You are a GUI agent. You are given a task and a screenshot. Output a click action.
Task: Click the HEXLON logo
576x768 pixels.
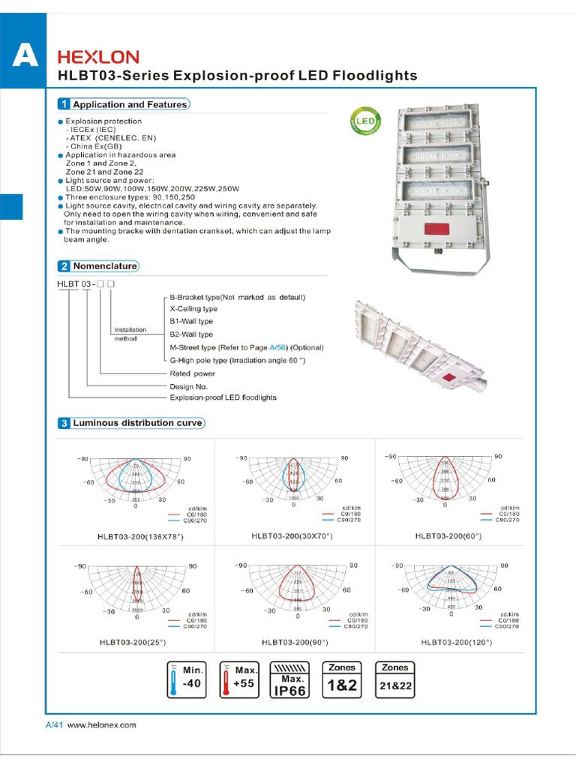pyautogui.click(x=98, y=57)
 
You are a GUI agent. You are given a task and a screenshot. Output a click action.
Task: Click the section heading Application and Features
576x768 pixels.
pyautogui.click(x=129, y=105)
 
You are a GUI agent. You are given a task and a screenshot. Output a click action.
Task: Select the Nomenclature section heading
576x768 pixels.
pyautogui.click(x=104, y=266)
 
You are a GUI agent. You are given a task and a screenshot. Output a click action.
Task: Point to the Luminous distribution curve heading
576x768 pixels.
pyautogui.click(x=136, y=423)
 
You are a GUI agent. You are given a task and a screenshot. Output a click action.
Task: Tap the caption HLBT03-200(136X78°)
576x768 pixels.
pyautogui.click(x=140, y=537)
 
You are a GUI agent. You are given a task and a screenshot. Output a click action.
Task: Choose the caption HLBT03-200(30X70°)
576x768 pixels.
pyautogui.click(x=292, y=536)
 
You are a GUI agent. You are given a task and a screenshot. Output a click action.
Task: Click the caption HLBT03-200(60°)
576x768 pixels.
pyautogui.click(x=448, y=536)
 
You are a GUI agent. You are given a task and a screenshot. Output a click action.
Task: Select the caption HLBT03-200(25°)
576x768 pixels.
pyautogui.click(x=132, y=643)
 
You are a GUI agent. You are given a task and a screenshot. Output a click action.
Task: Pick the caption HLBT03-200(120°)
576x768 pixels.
pyautogui.click(x=451, y=643)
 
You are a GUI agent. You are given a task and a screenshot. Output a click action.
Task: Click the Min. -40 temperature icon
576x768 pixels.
pyautogui.click(x=186, y=679)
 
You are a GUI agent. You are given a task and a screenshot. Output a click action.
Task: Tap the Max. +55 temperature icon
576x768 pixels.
pyautogui.click(x=239, y=679)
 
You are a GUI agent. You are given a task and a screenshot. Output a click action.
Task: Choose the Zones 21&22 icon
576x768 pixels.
pyautogui.click(x=395, y=679)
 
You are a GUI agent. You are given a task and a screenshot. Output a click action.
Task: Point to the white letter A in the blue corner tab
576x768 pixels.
pyautogui.click(x=25, y=56)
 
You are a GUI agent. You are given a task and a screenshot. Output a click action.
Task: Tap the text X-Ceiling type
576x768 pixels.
pyautogui.click(x=193, y=309)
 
